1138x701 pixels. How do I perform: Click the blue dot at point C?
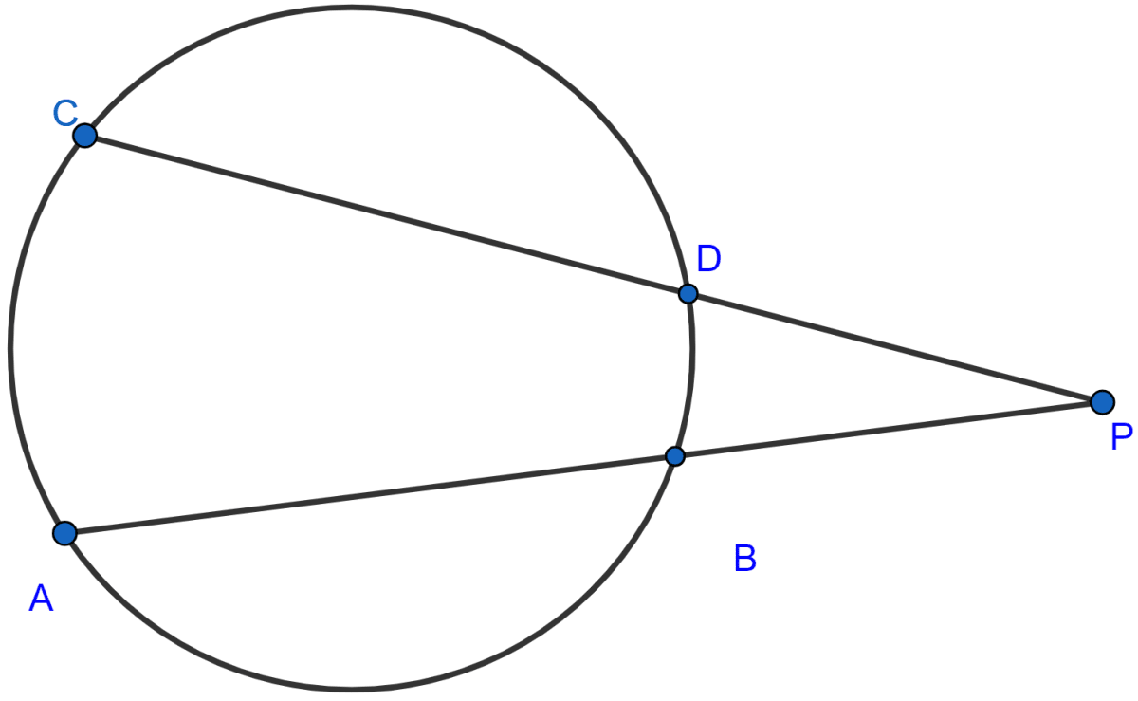84,136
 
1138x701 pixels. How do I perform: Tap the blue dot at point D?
688,294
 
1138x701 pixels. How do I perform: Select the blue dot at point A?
64,533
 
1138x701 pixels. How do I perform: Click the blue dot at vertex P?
1102,402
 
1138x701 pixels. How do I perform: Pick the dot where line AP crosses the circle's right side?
674,456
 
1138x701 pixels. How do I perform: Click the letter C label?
65,114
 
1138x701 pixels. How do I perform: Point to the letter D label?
708,259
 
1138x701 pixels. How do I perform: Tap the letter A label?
41,598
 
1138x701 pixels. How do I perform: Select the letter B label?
745,558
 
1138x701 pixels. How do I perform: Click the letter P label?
1122,436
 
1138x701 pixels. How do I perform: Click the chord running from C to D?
386,214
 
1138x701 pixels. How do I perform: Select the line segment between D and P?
895,348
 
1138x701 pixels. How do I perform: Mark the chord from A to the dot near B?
369,494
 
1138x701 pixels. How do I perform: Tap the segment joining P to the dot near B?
889,430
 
